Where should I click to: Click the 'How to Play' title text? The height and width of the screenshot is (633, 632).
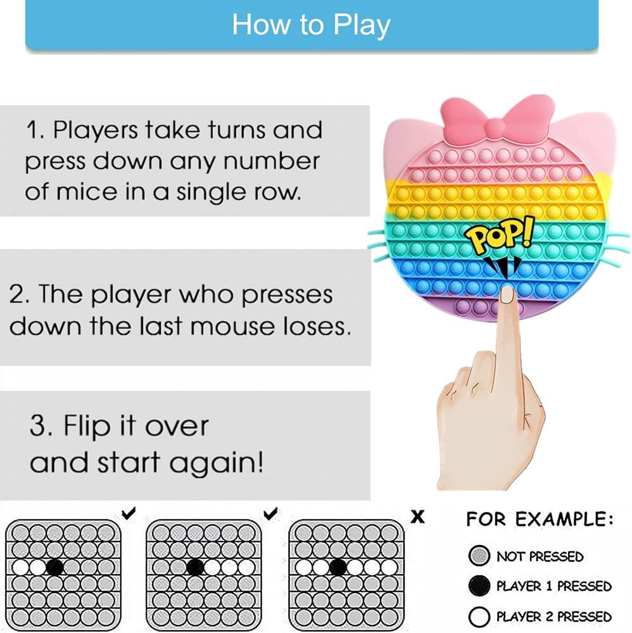point(311,25)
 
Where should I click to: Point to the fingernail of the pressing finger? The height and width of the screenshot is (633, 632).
point(507,295)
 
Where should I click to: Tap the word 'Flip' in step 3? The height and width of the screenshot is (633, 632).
point(87,427)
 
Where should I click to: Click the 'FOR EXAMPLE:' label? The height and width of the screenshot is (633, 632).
point(540,519)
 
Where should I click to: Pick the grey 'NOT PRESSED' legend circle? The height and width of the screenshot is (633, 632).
point(479,556)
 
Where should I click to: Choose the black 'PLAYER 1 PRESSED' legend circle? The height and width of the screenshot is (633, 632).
point(479,586)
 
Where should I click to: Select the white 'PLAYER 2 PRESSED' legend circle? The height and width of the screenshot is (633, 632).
point(479,617)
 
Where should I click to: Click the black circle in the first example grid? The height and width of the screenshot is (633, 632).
point(54,567)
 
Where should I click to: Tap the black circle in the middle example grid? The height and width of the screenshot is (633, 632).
point(195,567)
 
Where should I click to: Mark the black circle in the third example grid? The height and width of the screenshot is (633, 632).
point(338,567)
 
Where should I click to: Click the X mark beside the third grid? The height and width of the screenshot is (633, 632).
point(417,517)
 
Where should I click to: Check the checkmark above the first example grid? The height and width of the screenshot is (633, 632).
point(129,513)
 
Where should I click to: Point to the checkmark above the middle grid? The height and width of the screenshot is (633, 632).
point(270,513)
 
